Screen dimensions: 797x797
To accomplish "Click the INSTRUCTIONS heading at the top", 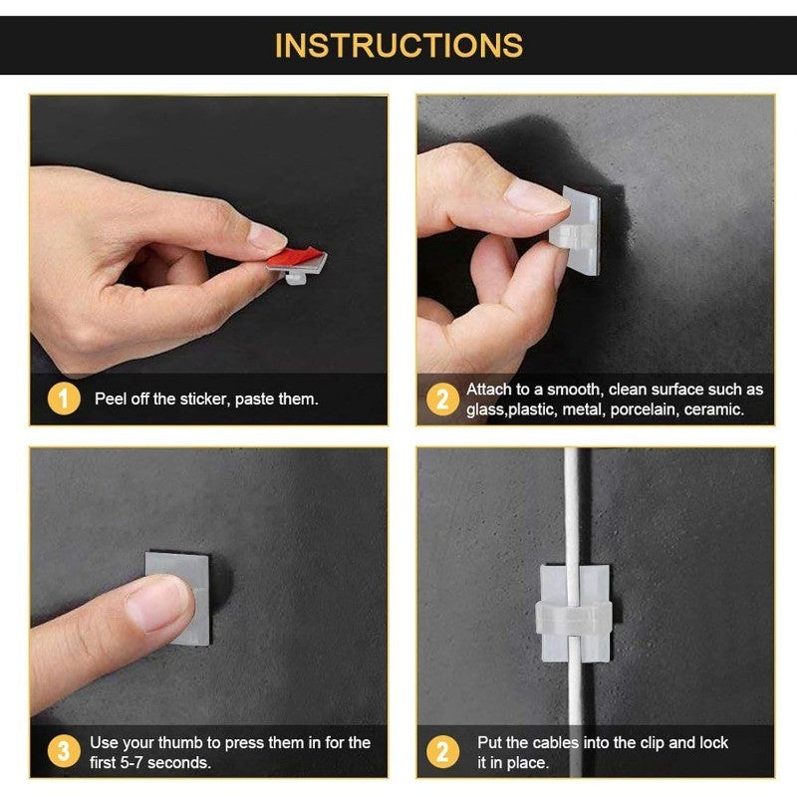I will coord(398,46).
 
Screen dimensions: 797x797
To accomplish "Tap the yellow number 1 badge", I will coord(63,398).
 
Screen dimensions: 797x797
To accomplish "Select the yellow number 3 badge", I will coord(63,752).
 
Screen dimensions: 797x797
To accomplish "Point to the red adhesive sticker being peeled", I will coord(295,258).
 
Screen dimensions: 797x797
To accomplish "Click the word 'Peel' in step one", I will coord(112,399).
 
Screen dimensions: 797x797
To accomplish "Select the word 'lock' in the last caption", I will coord(712,742).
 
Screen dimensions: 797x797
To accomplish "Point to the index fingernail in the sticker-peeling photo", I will coord(266,237).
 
